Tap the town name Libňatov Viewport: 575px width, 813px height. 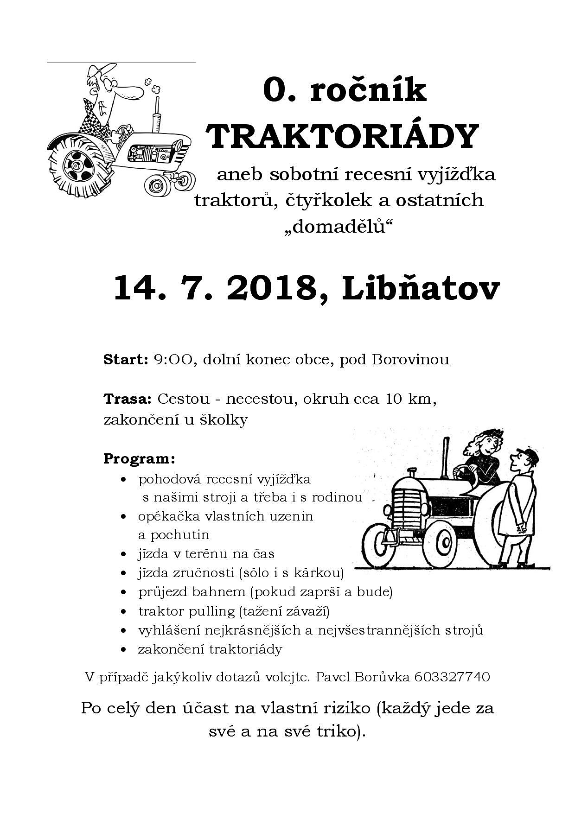(x=421, y=288)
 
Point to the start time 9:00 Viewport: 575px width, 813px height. (x=172, y=360)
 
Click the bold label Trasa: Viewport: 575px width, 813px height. (x=128, y=399)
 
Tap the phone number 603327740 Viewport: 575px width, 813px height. (x=452, y=677)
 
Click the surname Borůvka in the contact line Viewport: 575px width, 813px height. (x=382, y=677)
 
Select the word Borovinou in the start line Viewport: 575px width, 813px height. (x=410, y=360)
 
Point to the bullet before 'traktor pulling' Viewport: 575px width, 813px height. (x=123, y=612)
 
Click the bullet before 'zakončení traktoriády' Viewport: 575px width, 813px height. (x=123, y=650)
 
